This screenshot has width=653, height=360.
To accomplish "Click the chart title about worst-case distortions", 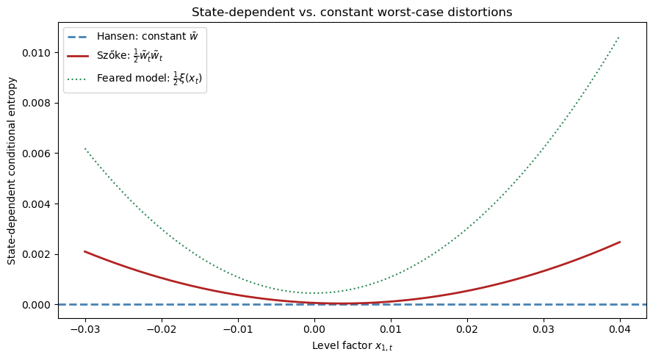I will click(x=352, y=12).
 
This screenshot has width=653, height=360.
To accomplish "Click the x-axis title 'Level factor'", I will click(x=352, y=345).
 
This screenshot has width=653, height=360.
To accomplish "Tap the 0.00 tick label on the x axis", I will click(x=314, y=328).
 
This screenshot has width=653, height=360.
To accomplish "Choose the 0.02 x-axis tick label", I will click(x=467, y=328).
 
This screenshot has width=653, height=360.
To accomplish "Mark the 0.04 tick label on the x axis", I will click(x=620, y=328).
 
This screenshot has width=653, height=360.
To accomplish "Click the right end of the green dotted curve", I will click(x=620, y=37).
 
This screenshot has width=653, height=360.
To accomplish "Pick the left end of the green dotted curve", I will click(x=85, y=148).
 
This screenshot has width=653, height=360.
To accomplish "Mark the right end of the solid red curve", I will click(x=620, y=242).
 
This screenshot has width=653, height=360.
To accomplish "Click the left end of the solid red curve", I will click(x=85, y=251).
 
